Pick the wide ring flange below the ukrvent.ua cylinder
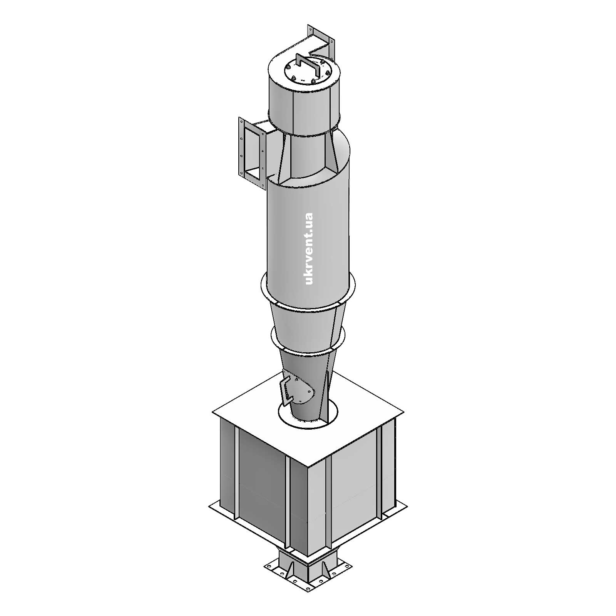pos(308,296)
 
